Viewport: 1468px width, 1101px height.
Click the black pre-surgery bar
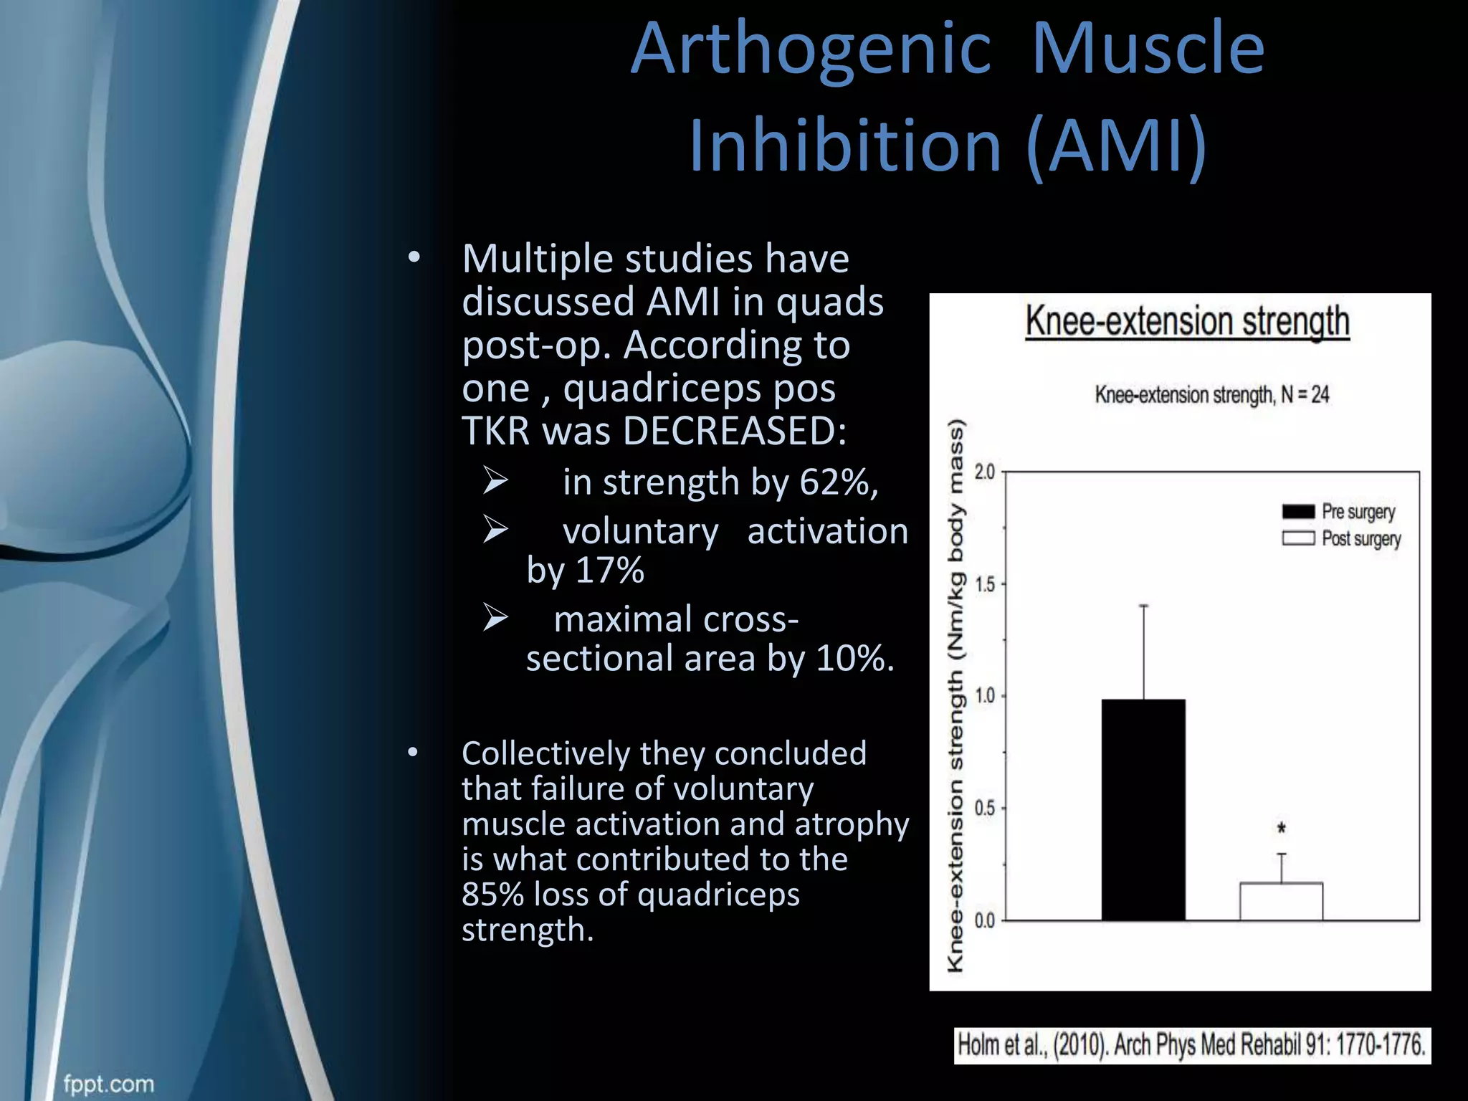(1143, 810)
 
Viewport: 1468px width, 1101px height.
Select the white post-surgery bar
(1281, 902)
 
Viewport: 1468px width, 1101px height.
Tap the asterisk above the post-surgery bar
(1282, 829)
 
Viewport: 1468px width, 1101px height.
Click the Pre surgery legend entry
(1338, 512)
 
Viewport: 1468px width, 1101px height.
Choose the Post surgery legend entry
(1341, 538)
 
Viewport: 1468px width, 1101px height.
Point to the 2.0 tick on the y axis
(986, 472)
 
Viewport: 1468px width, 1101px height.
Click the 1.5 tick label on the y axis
(986, 585)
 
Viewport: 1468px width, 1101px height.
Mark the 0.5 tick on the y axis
(986, 809)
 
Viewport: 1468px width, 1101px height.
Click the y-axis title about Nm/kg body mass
(956, 695)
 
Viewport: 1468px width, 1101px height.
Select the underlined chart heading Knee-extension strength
(1187, 321)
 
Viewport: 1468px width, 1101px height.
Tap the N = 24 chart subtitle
(1211, 395)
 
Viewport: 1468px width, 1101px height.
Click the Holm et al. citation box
(1191, 1045)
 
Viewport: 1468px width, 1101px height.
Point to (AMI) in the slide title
(1116, 146)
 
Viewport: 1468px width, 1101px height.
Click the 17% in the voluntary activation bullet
(609, 571)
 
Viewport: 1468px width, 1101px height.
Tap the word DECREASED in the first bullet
(734, 432)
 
